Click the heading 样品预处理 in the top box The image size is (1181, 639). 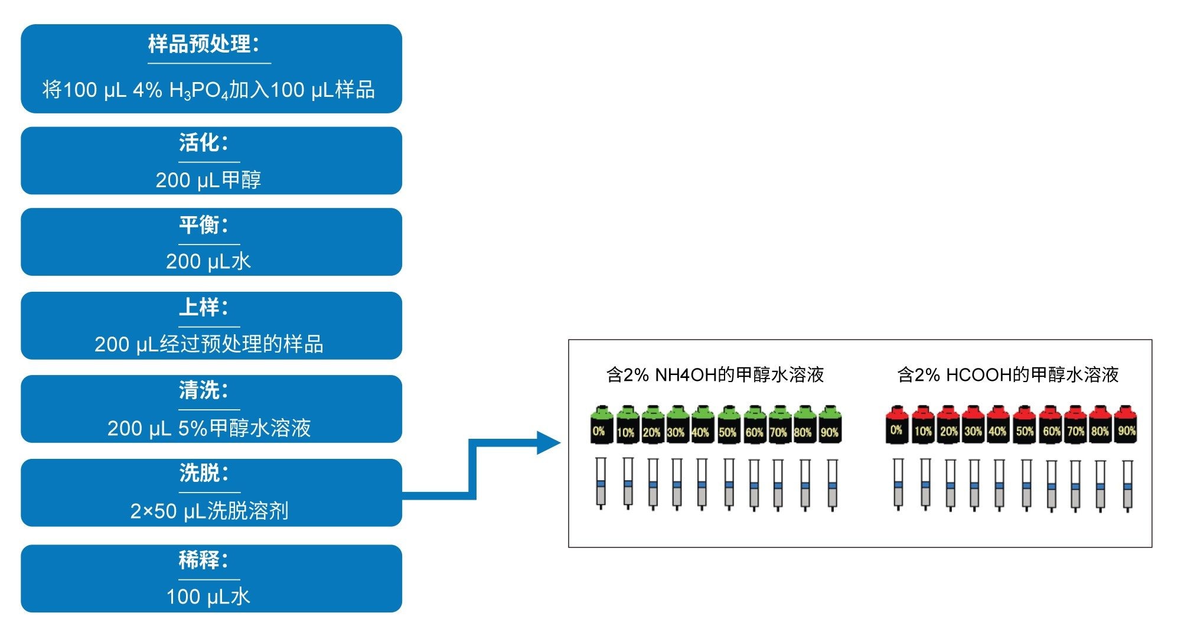pos(203,44)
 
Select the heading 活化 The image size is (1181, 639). pos(203,143)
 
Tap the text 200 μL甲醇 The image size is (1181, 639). pos(208,180)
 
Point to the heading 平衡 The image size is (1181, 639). pos(203,225)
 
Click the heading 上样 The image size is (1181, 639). pos(203,307)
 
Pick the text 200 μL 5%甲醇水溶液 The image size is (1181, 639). pos(209,428)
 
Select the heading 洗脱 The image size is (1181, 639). pos(203,473)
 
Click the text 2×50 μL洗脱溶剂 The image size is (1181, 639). pos(209,510)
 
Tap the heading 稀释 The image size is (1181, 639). pos(203,559)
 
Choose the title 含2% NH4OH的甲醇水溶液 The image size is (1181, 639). pos(715,374)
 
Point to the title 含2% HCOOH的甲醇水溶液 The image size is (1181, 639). pos(1008,374)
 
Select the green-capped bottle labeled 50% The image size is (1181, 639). pos(728,425)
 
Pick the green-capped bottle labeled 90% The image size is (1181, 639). pos(830,425)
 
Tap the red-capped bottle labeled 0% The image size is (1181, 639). pos(897,425)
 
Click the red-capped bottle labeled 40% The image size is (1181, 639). pos(997,425)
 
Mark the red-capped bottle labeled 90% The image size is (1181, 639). pos(1126,425)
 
